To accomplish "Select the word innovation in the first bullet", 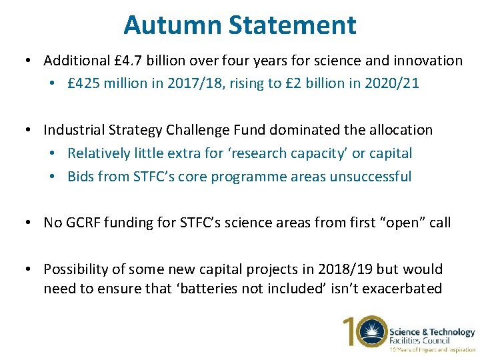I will pyautogui.click(x=428, y=61).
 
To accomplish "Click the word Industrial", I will pyautogui.click(x=76, y=130).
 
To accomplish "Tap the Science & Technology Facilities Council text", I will pyautogui.click(x=432, y=336).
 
